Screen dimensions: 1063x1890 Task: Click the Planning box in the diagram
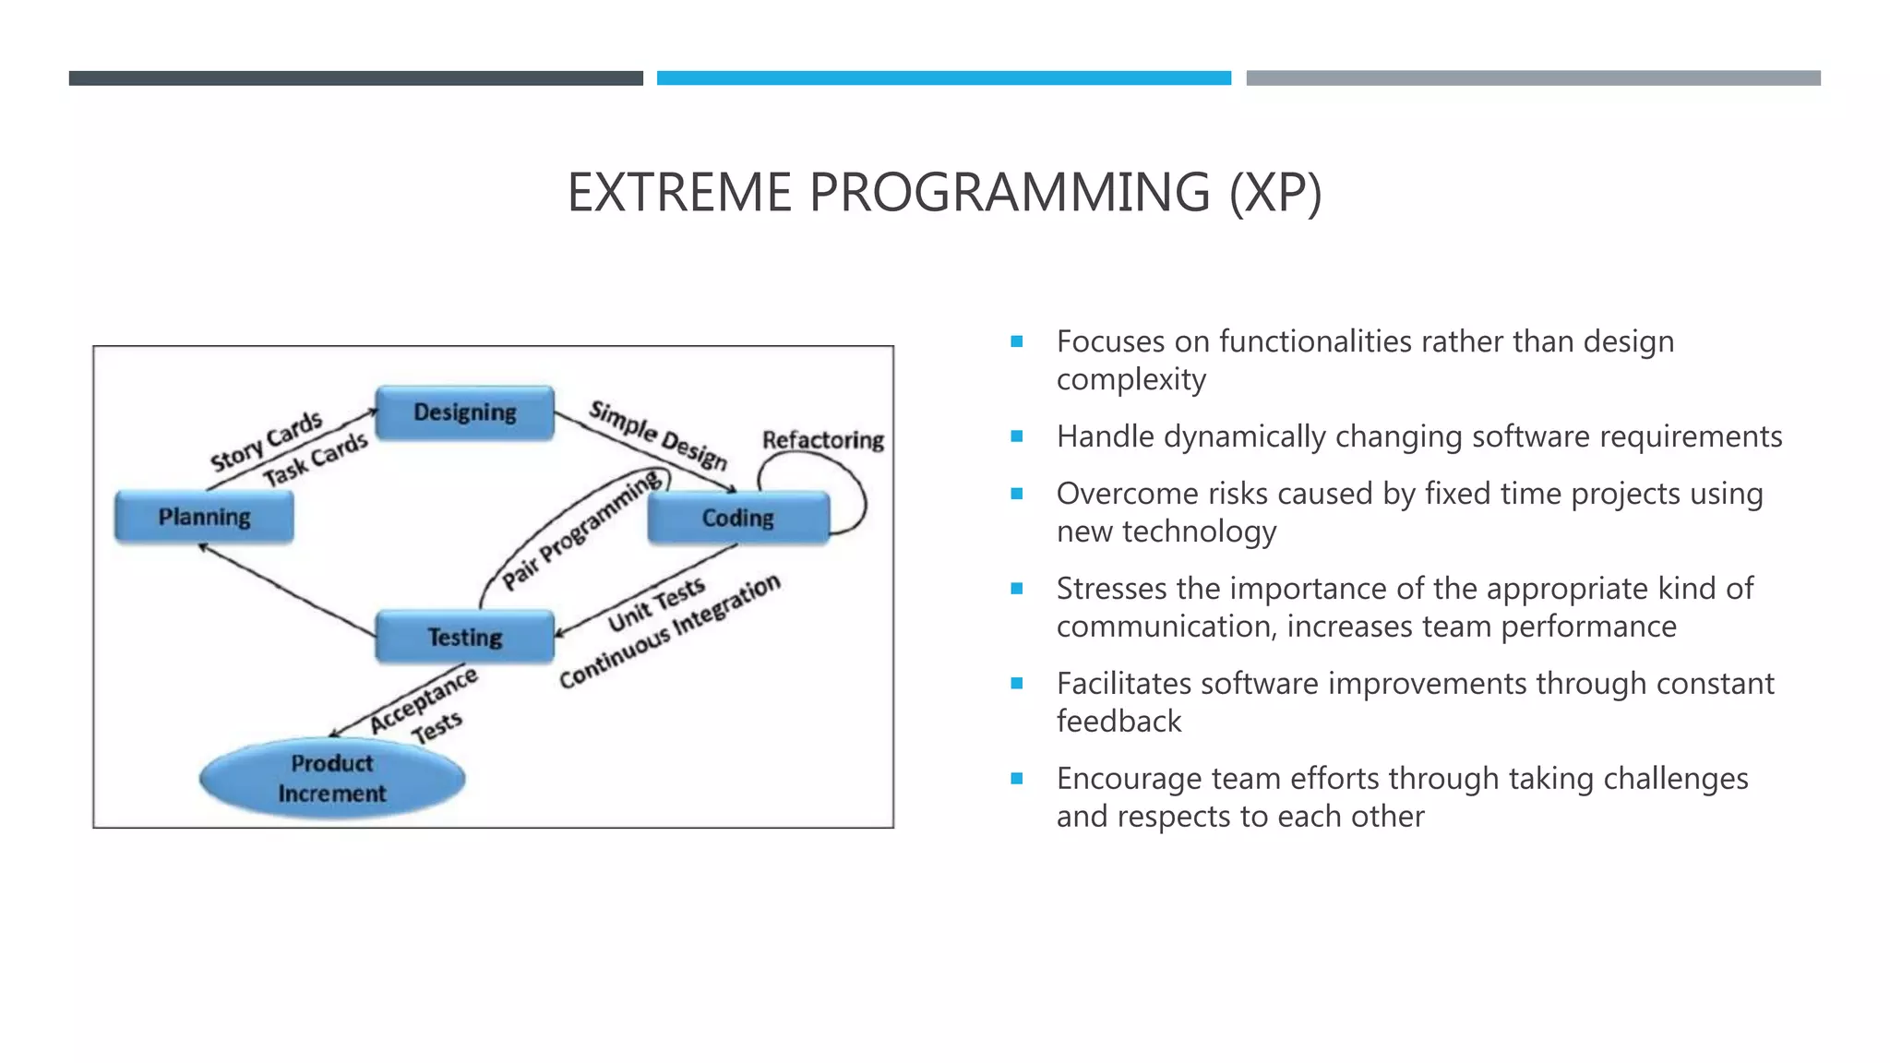(204, 517)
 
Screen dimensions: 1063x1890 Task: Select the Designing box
(464, 412)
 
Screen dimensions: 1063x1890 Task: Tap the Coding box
(738, 518)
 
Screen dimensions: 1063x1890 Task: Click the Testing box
(464, 637)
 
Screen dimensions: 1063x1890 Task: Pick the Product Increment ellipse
(332, 778)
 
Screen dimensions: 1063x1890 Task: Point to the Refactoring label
(822, 440)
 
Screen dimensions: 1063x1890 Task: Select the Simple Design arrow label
(658, 435)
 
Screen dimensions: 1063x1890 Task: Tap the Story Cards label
(266, 441)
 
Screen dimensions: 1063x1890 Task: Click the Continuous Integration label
(670, 631)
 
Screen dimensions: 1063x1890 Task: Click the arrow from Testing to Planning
(286, 591)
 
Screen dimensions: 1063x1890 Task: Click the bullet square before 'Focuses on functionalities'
(1017, 341)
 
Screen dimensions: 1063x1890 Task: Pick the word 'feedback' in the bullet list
(1118, 721)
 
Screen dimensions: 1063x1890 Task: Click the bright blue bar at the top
(943, 78)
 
